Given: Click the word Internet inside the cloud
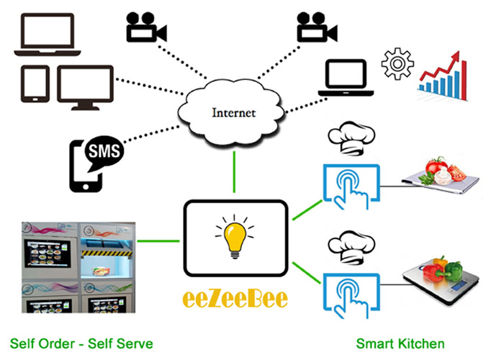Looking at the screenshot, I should (x=233, y=113).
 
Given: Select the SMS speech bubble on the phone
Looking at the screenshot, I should (x=104, y=151).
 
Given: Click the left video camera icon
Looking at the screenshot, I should (x=145, y=27).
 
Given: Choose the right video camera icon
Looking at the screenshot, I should (x=316, y=28).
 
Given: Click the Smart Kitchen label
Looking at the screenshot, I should (x=400, y=343).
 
